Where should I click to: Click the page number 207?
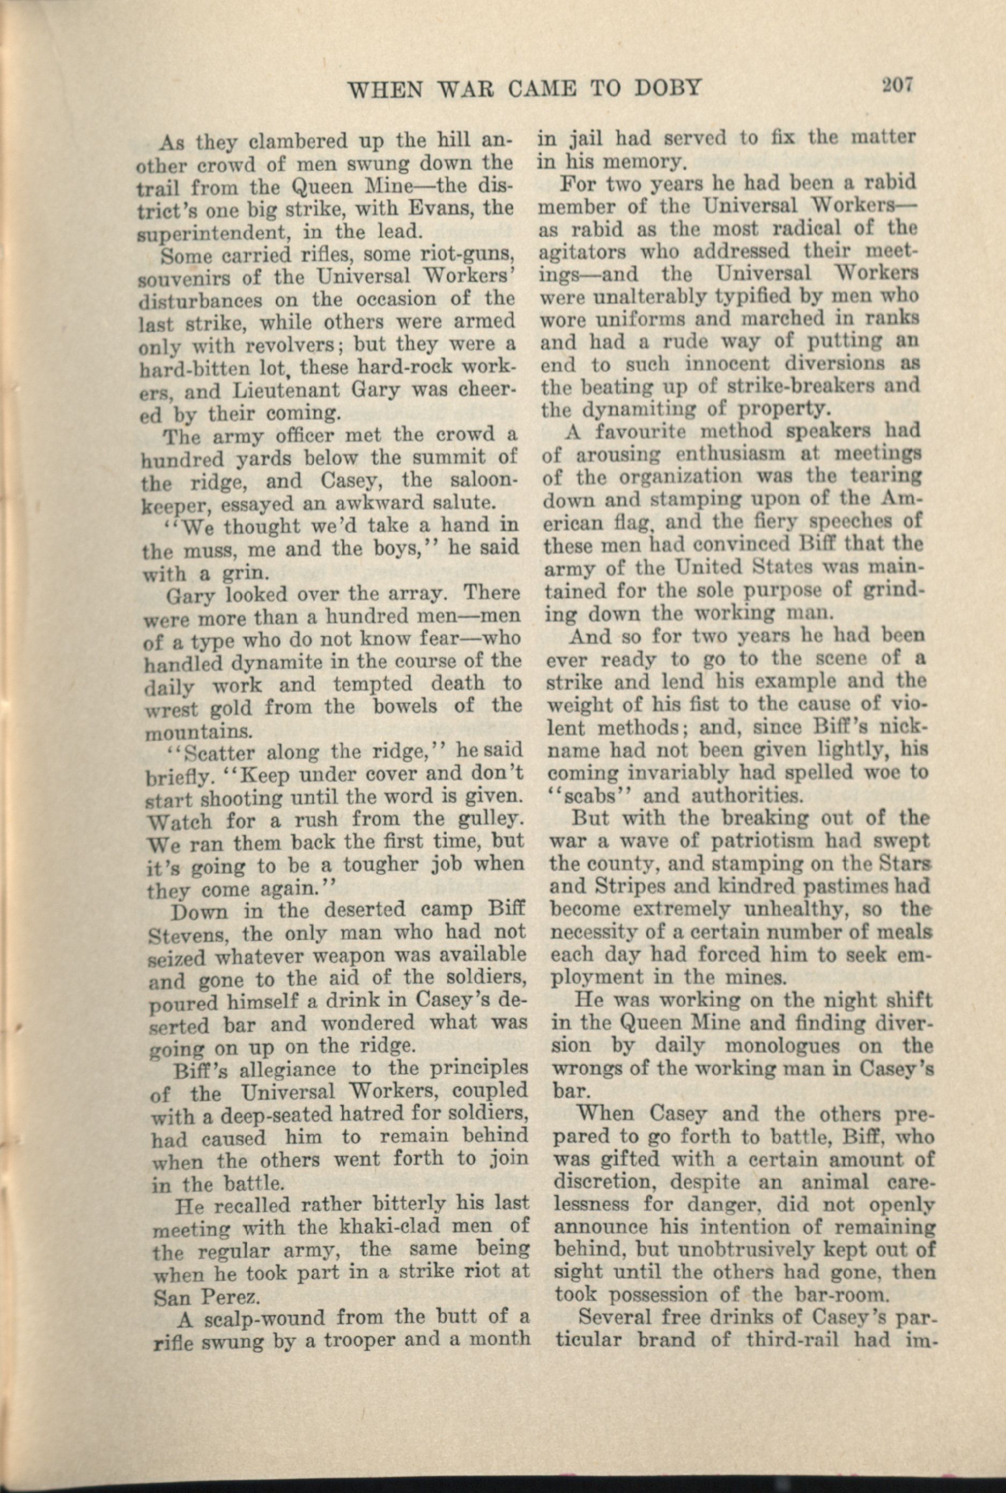896,85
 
